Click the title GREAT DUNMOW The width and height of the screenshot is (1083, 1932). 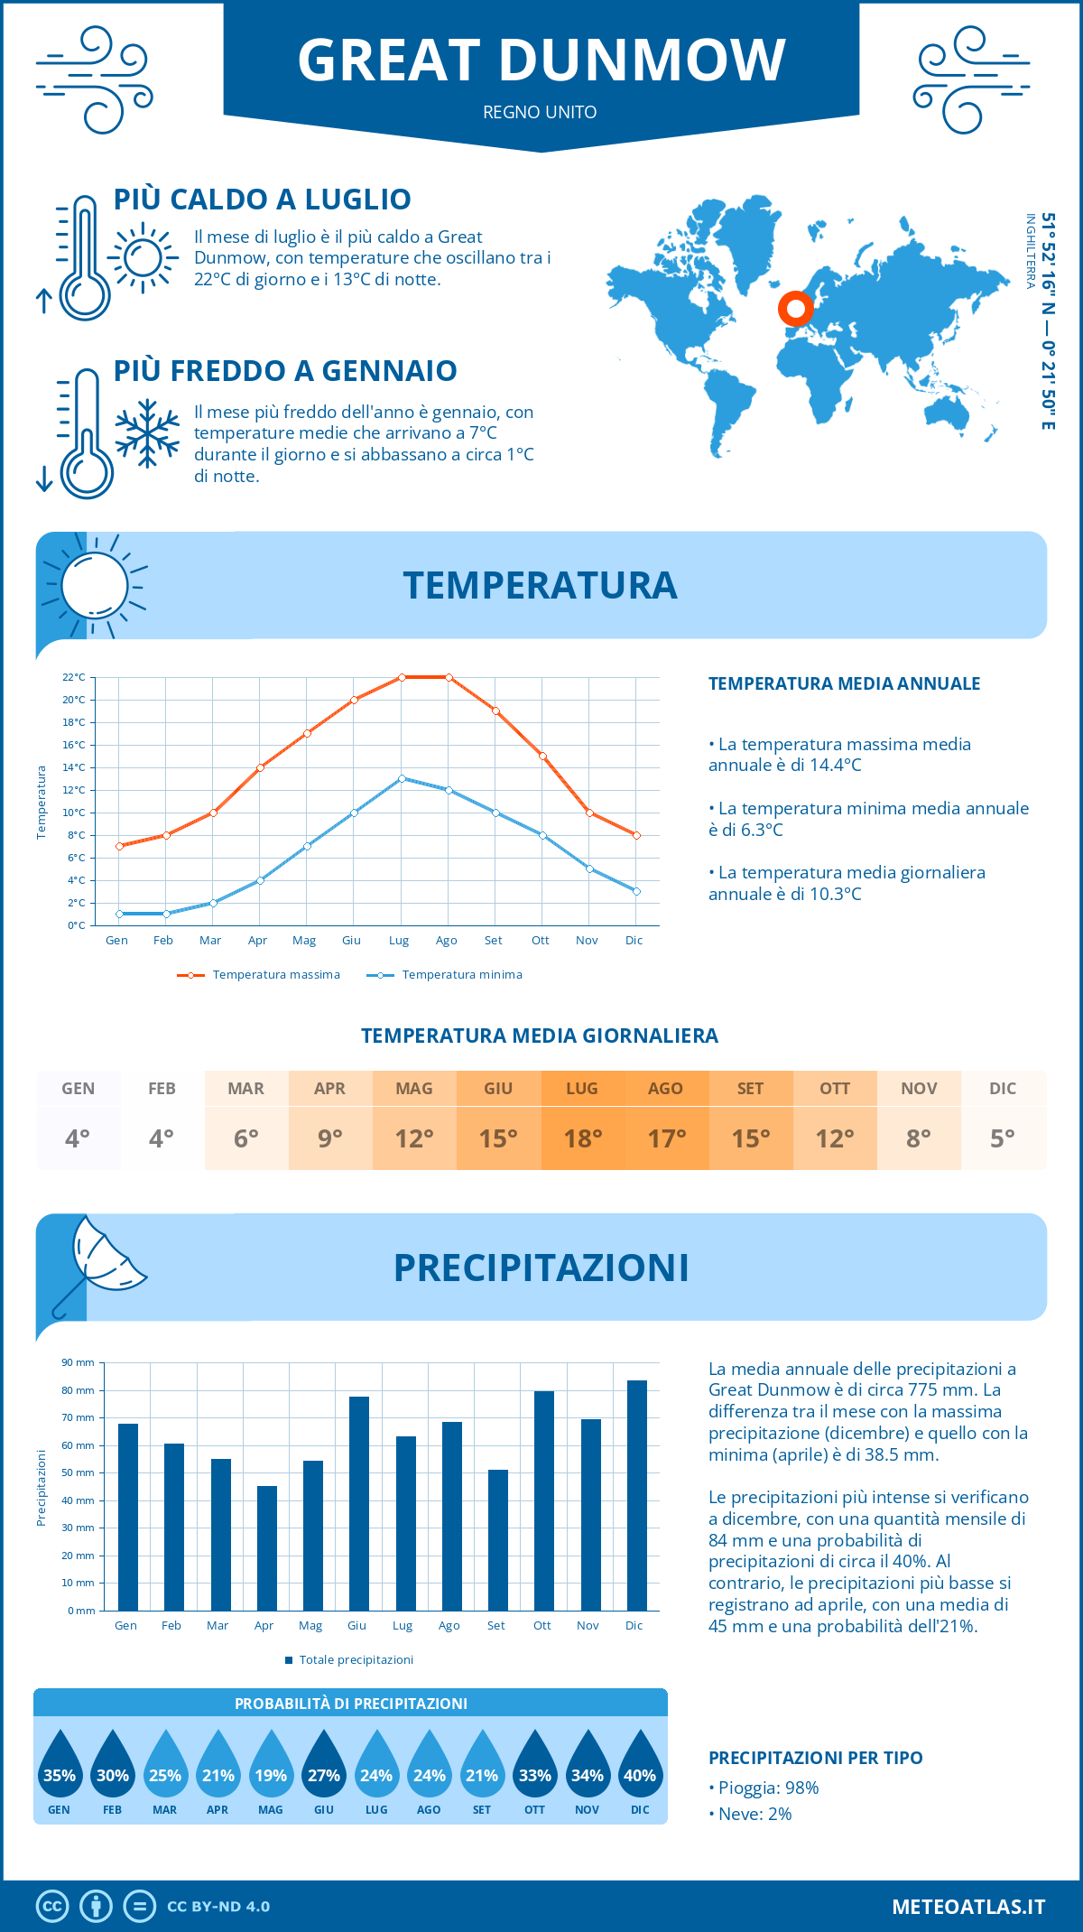[x=541, y=60]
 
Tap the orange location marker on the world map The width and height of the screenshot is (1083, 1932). [x=795, y=309]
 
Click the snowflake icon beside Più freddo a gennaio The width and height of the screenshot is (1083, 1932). [x=147, y=433]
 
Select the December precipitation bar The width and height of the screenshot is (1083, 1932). [x=636, y=1495]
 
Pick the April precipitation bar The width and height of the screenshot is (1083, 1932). [x=266, y=1548]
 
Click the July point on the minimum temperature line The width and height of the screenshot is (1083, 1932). [x=402, y=778]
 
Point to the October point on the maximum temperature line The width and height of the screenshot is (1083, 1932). [x=542, y=756]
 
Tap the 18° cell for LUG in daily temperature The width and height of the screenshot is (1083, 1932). [x=582, y=1138]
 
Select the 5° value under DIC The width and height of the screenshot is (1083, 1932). [x=1003, y=1138]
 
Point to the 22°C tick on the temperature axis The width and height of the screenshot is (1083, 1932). [x=74, y=677]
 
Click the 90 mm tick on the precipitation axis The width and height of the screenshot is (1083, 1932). [x=79, y=1362]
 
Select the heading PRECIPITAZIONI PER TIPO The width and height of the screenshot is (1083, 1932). [x=815, y=1758]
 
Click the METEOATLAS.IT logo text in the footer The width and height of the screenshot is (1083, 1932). [x=968, y=1907]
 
